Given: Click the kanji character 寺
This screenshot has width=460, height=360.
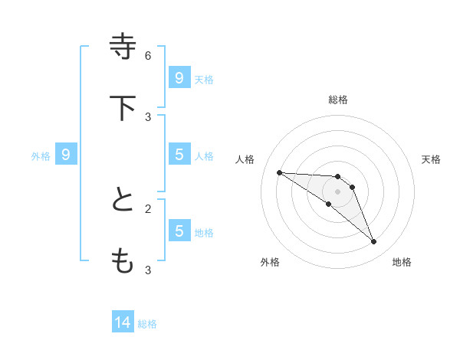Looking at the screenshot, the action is [123, 47].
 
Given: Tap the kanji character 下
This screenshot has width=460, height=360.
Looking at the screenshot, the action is [123, 108].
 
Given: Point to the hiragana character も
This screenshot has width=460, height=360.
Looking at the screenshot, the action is [123, 261].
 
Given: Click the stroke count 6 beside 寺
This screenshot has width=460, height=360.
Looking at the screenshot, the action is [148, 55].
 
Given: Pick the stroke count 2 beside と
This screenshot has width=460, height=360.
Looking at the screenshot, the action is [148, 208].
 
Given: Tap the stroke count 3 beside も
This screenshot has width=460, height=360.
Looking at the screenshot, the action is [148, 270].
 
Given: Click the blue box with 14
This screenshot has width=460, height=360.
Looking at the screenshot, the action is [123, 323].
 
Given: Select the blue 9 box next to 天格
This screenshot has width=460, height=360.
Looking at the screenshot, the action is [179, 78].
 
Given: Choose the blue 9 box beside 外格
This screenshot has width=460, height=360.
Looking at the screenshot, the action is [66, 155].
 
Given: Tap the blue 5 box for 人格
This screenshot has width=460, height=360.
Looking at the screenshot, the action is [179, 155].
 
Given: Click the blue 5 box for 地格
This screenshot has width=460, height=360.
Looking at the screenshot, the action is [179, 231].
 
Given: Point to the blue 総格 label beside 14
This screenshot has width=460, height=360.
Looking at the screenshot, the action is [147, 324].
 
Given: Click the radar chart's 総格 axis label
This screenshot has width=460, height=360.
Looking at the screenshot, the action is [338, 100].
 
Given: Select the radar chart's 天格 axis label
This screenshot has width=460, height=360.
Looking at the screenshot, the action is [431, 159].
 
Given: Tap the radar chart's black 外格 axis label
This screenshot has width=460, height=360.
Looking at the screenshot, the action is [270, 262].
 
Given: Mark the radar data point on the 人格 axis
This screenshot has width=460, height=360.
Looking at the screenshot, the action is [279, 172].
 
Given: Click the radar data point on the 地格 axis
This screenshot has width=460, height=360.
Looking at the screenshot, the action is [374, 242].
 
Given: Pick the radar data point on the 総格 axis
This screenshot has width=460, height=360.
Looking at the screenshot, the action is [338, 176].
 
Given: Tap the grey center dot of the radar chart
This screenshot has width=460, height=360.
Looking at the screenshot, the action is [338, 191].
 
